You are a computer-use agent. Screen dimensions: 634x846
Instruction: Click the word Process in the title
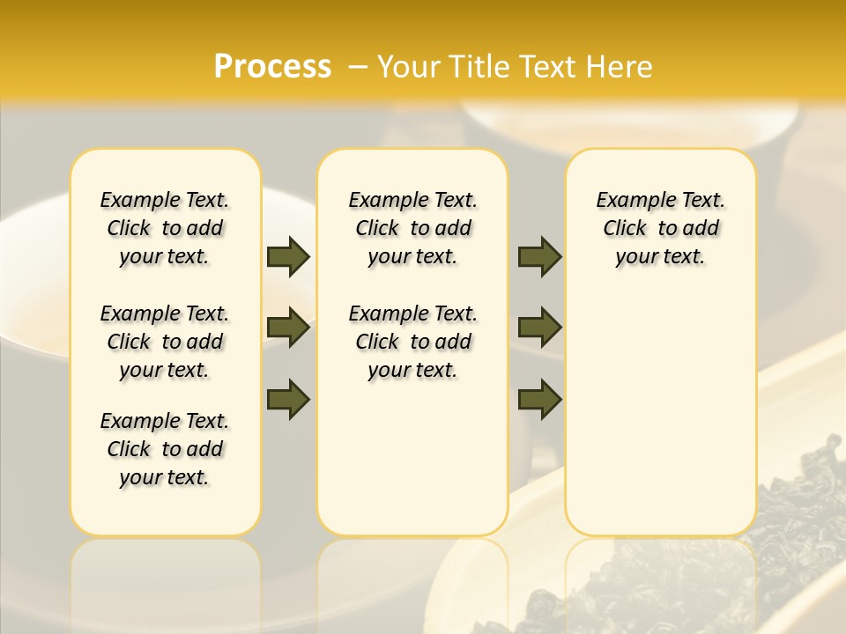pos(272,67)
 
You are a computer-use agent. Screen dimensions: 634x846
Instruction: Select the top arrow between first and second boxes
pos(288,257)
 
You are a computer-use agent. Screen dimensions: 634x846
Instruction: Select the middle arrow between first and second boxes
pos(288,328)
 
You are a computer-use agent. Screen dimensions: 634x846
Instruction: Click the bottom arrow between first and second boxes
pos(288,399)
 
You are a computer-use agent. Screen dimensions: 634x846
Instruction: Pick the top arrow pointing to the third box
pos(539,257)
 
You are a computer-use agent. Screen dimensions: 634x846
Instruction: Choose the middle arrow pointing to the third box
pos(539,328)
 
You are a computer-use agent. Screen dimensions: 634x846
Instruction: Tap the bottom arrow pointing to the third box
pos(539,399)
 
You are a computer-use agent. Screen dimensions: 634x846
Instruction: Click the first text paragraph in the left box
pos(165,228)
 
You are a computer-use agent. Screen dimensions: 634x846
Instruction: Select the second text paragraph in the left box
pos(165,342)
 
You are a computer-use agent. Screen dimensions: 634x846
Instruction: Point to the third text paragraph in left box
pos(165,449)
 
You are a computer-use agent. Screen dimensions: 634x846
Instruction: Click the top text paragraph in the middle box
pos(412,228)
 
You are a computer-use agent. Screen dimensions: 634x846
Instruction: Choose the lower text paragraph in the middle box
pos(412,342)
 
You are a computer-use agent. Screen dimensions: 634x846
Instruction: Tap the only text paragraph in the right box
pos(660,228)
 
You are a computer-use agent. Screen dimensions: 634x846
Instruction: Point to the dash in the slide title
pos(358,67)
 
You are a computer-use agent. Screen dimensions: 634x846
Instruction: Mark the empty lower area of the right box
pos(660,414)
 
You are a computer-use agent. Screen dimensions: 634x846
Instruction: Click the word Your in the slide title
pos(408,67)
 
